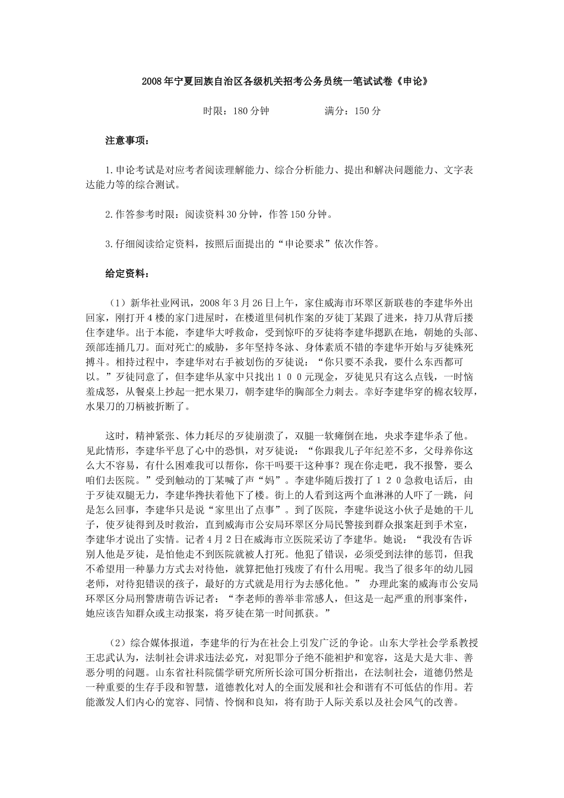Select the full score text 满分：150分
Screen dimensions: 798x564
click(353, 111)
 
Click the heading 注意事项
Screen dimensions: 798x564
click(127, 141)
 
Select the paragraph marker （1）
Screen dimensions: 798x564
click(116, 302)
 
